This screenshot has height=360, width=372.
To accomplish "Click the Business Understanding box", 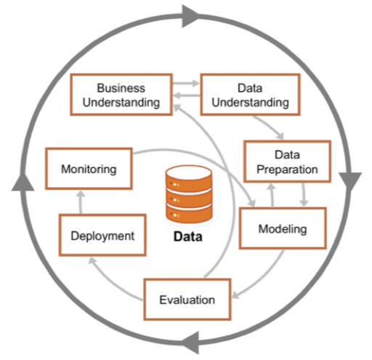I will (x=121, y=93).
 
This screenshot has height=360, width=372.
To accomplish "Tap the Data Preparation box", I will (x=287, y=161).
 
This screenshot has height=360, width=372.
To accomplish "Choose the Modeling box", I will (x=283, y=230).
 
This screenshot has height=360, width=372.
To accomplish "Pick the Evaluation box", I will (x=187, y=299).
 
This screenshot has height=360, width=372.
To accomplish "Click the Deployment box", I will (x=102, y=235).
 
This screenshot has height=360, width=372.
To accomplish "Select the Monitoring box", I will (x=89, y=169).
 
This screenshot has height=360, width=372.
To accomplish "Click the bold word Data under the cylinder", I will (x=187, y=237).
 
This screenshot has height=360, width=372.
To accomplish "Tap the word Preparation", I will (x=287, y=169).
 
